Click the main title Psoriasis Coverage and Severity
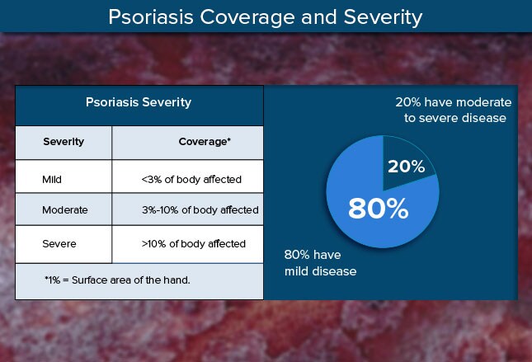pos(266,16)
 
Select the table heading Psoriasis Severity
pos(139,103)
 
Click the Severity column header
pos(64,142)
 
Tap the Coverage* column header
pos(205,142)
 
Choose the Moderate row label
pos(64,210)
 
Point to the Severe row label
pos(59,243)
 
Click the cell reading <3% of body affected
pos(191,178)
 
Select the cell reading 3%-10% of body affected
pos(200,210)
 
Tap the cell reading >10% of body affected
pos(193,243)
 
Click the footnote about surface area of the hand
pos(117,280)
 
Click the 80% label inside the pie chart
pos(378,209)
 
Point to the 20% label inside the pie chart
pos(406,166)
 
